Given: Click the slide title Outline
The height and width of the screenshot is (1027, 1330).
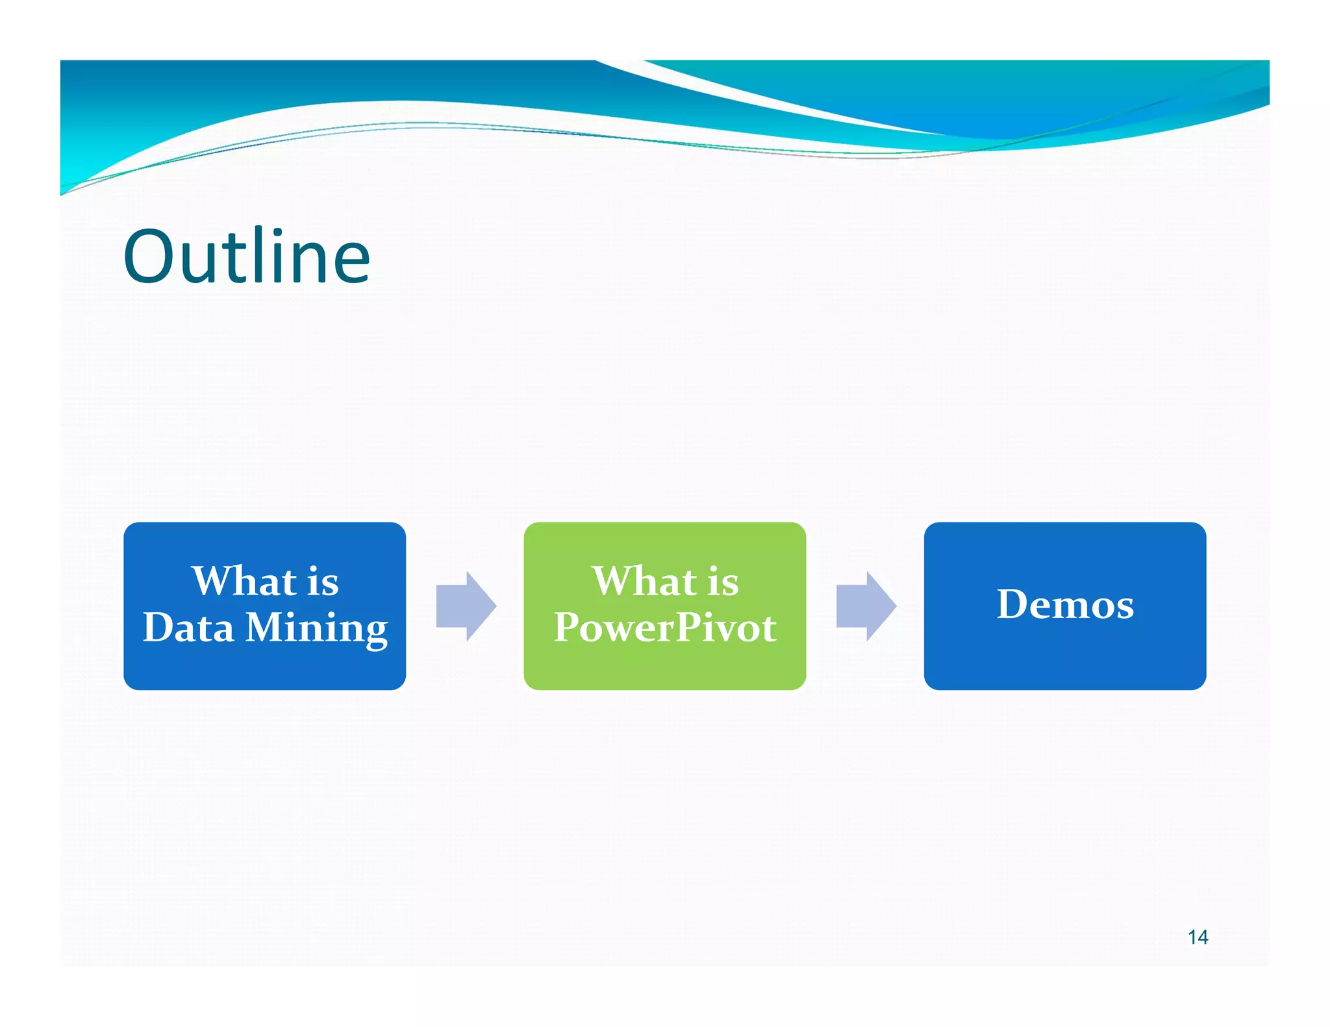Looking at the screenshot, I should coord(247,257).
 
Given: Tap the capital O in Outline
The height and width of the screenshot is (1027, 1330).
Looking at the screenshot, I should coord(149,257).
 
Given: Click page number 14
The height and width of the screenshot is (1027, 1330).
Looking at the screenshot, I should coord(1198,937).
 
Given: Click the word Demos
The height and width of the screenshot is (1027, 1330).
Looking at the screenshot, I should coord(1065,604).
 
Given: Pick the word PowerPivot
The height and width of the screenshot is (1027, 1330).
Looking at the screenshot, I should coord(665,628).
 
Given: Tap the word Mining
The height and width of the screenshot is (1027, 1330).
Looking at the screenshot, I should coord(317,628).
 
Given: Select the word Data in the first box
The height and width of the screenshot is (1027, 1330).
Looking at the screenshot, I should coord(188,628).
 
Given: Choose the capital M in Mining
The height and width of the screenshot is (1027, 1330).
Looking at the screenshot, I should coord(268,628).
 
